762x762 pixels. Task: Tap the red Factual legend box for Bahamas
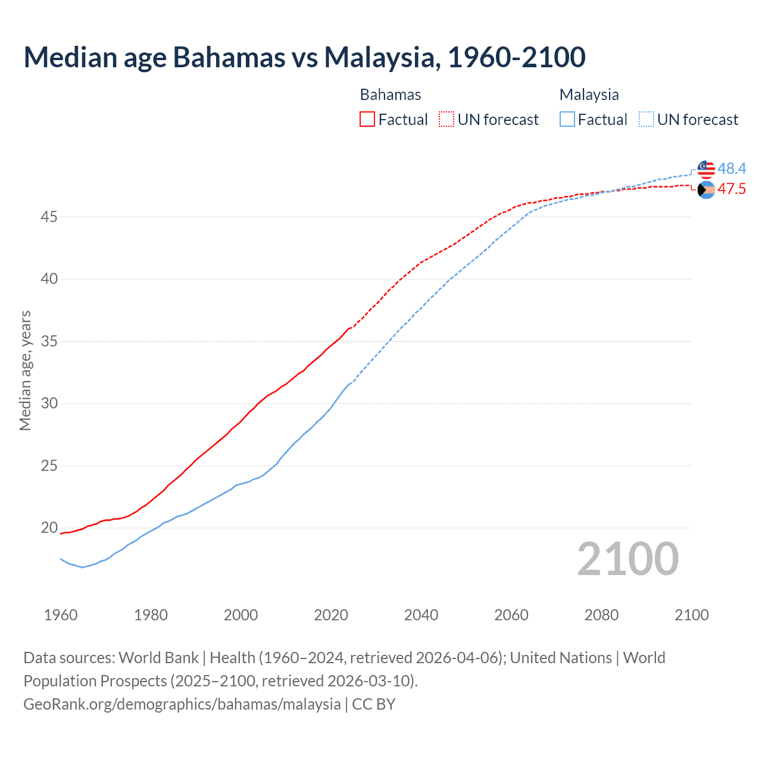(x=367, y=120)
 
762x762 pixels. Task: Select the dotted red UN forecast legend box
(x=446, y=120)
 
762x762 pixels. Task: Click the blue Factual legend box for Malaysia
(x=567, y=120)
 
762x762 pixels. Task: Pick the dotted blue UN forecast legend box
(x=647, y=120)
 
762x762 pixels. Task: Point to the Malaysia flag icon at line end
(x=706, y=169)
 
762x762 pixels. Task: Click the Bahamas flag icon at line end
(x=706, y=190)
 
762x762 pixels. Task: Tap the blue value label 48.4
(x=732, y=169)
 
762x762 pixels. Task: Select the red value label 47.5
(x=732, y=189)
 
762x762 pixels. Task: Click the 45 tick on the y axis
(x=49, y=217)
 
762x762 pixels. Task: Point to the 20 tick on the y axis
(x=49, y=528)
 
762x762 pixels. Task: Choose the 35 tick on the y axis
(x=49, y=342)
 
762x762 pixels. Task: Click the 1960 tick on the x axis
(x=61, y=615)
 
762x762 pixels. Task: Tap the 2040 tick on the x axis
(x=421, y=615)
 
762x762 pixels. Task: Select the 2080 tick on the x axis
(x=601, y=615)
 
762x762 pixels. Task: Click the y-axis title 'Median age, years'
(x=25, y=370)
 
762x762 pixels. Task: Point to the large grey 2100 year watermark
(x=627, y=559)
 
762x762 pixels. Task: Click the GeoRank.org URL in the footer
(x=182, y=704)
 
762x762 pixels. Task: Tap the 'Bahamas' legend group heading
(x=391, y=95)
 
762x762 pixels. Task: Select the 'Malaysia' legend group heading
(x=589, y=95)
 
